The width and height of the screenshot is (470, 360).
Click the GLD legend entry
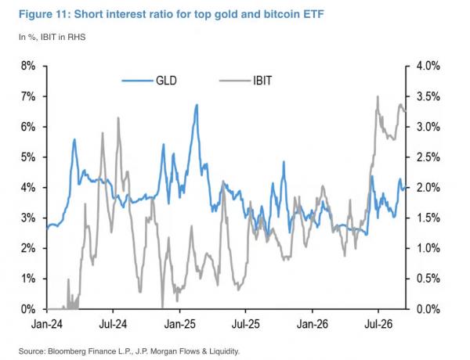pos(150,81)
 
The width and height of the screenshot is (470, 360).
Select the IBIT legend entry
pos(245,81)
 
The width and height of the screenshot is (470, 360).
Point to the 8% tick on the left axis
pos(45,66)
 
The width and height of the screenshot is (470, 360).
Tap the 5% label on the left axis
pos(28,157)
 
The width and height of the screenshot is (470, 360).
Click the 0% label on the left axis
pos(28,309)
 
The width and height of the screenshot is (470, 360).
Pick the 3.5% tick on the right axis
pos(407,96)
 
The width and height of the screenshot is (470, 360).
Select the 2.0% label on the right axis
pos(428,188)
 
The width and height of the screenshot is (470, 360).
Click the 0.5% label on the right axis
pos(428,279)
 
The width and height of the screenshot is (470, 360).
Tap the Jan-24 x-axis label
pos(47,324)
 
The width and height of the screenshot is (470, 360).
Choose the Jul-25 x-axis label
pos(245,324)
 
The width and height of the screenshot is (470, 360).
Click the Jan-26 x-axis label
pos(313,324)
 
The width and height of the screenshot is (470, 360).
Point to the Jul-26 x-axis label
pos(378,324)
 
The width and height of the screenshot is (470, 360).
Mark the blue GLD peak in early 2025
pos(197,105)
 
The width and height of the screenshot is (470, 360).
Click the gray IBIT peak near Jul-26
pos(378,96)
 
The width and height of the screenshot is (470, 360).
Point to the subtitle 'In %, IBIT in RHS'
pos(52,37)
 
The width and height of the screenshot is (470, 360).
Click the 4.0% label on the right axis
pos(428,66)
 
